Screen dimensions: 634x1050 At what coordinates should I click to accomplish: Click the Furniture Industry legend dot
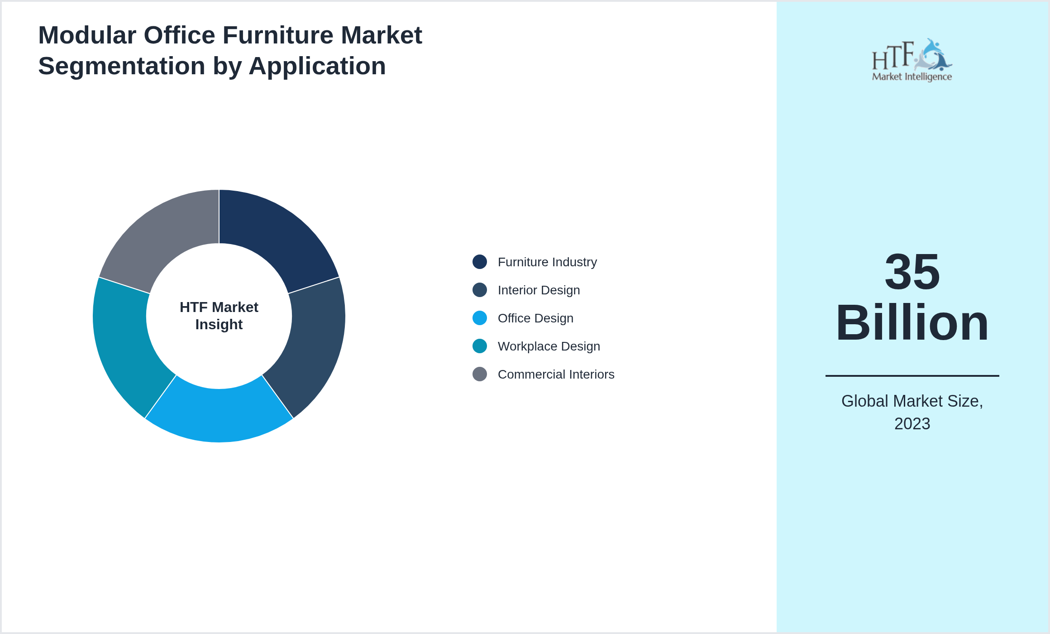click(480, 262)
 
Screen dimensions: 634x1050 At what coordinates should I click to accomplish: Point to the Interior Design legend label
click(539, 290)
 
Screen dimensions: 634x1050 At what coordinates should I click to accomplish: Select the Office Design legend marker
click(480, 318)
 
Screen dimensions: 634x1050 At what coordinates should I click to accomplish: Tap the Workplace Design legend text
click(549, 346)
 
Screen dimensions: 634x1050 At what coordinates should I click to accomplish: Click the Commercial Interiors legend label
click(556, 375)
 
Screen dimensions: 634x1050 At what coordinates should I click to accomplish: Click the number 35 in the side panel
click(912, 272)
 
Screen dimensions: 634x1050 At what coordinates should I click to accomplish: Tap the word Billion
click(912, 323)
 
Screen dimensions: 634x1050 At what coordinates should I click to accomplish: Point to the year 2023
click(912, 424)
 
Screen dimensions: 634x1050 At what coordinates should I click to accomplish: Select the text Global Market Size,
click(912, 401)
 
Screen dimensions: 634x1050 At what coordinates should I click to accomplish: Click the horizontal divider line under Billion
click(912, 375)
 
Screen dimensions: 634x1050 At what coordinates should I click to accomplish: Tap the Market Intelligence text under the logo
click(912, 77)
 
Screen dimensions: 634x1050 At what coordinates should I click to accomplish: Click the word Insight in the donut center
click(219, 325)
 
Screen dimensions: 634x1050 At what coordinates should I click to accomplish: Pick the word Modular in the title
click(87, 35)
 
